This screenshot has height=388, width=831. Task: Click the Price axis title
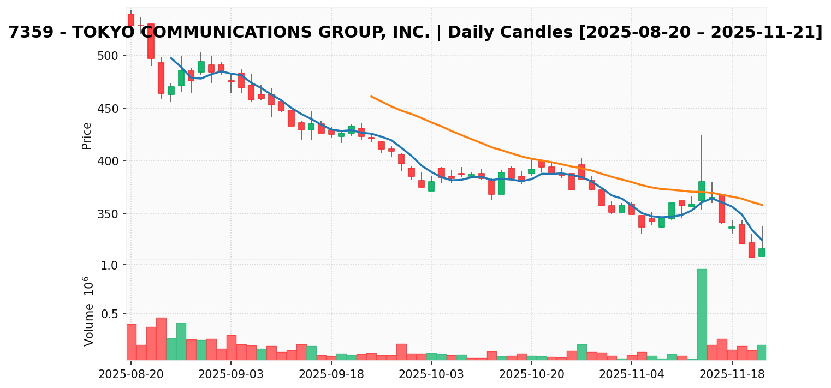[87, 135]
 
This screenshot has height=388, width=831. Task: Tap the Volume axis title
[89, 311]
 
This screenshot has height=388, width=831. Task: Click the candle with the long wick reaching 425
[702, 191]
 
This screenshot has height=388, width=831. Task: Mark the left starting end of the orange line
[371, 96]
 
